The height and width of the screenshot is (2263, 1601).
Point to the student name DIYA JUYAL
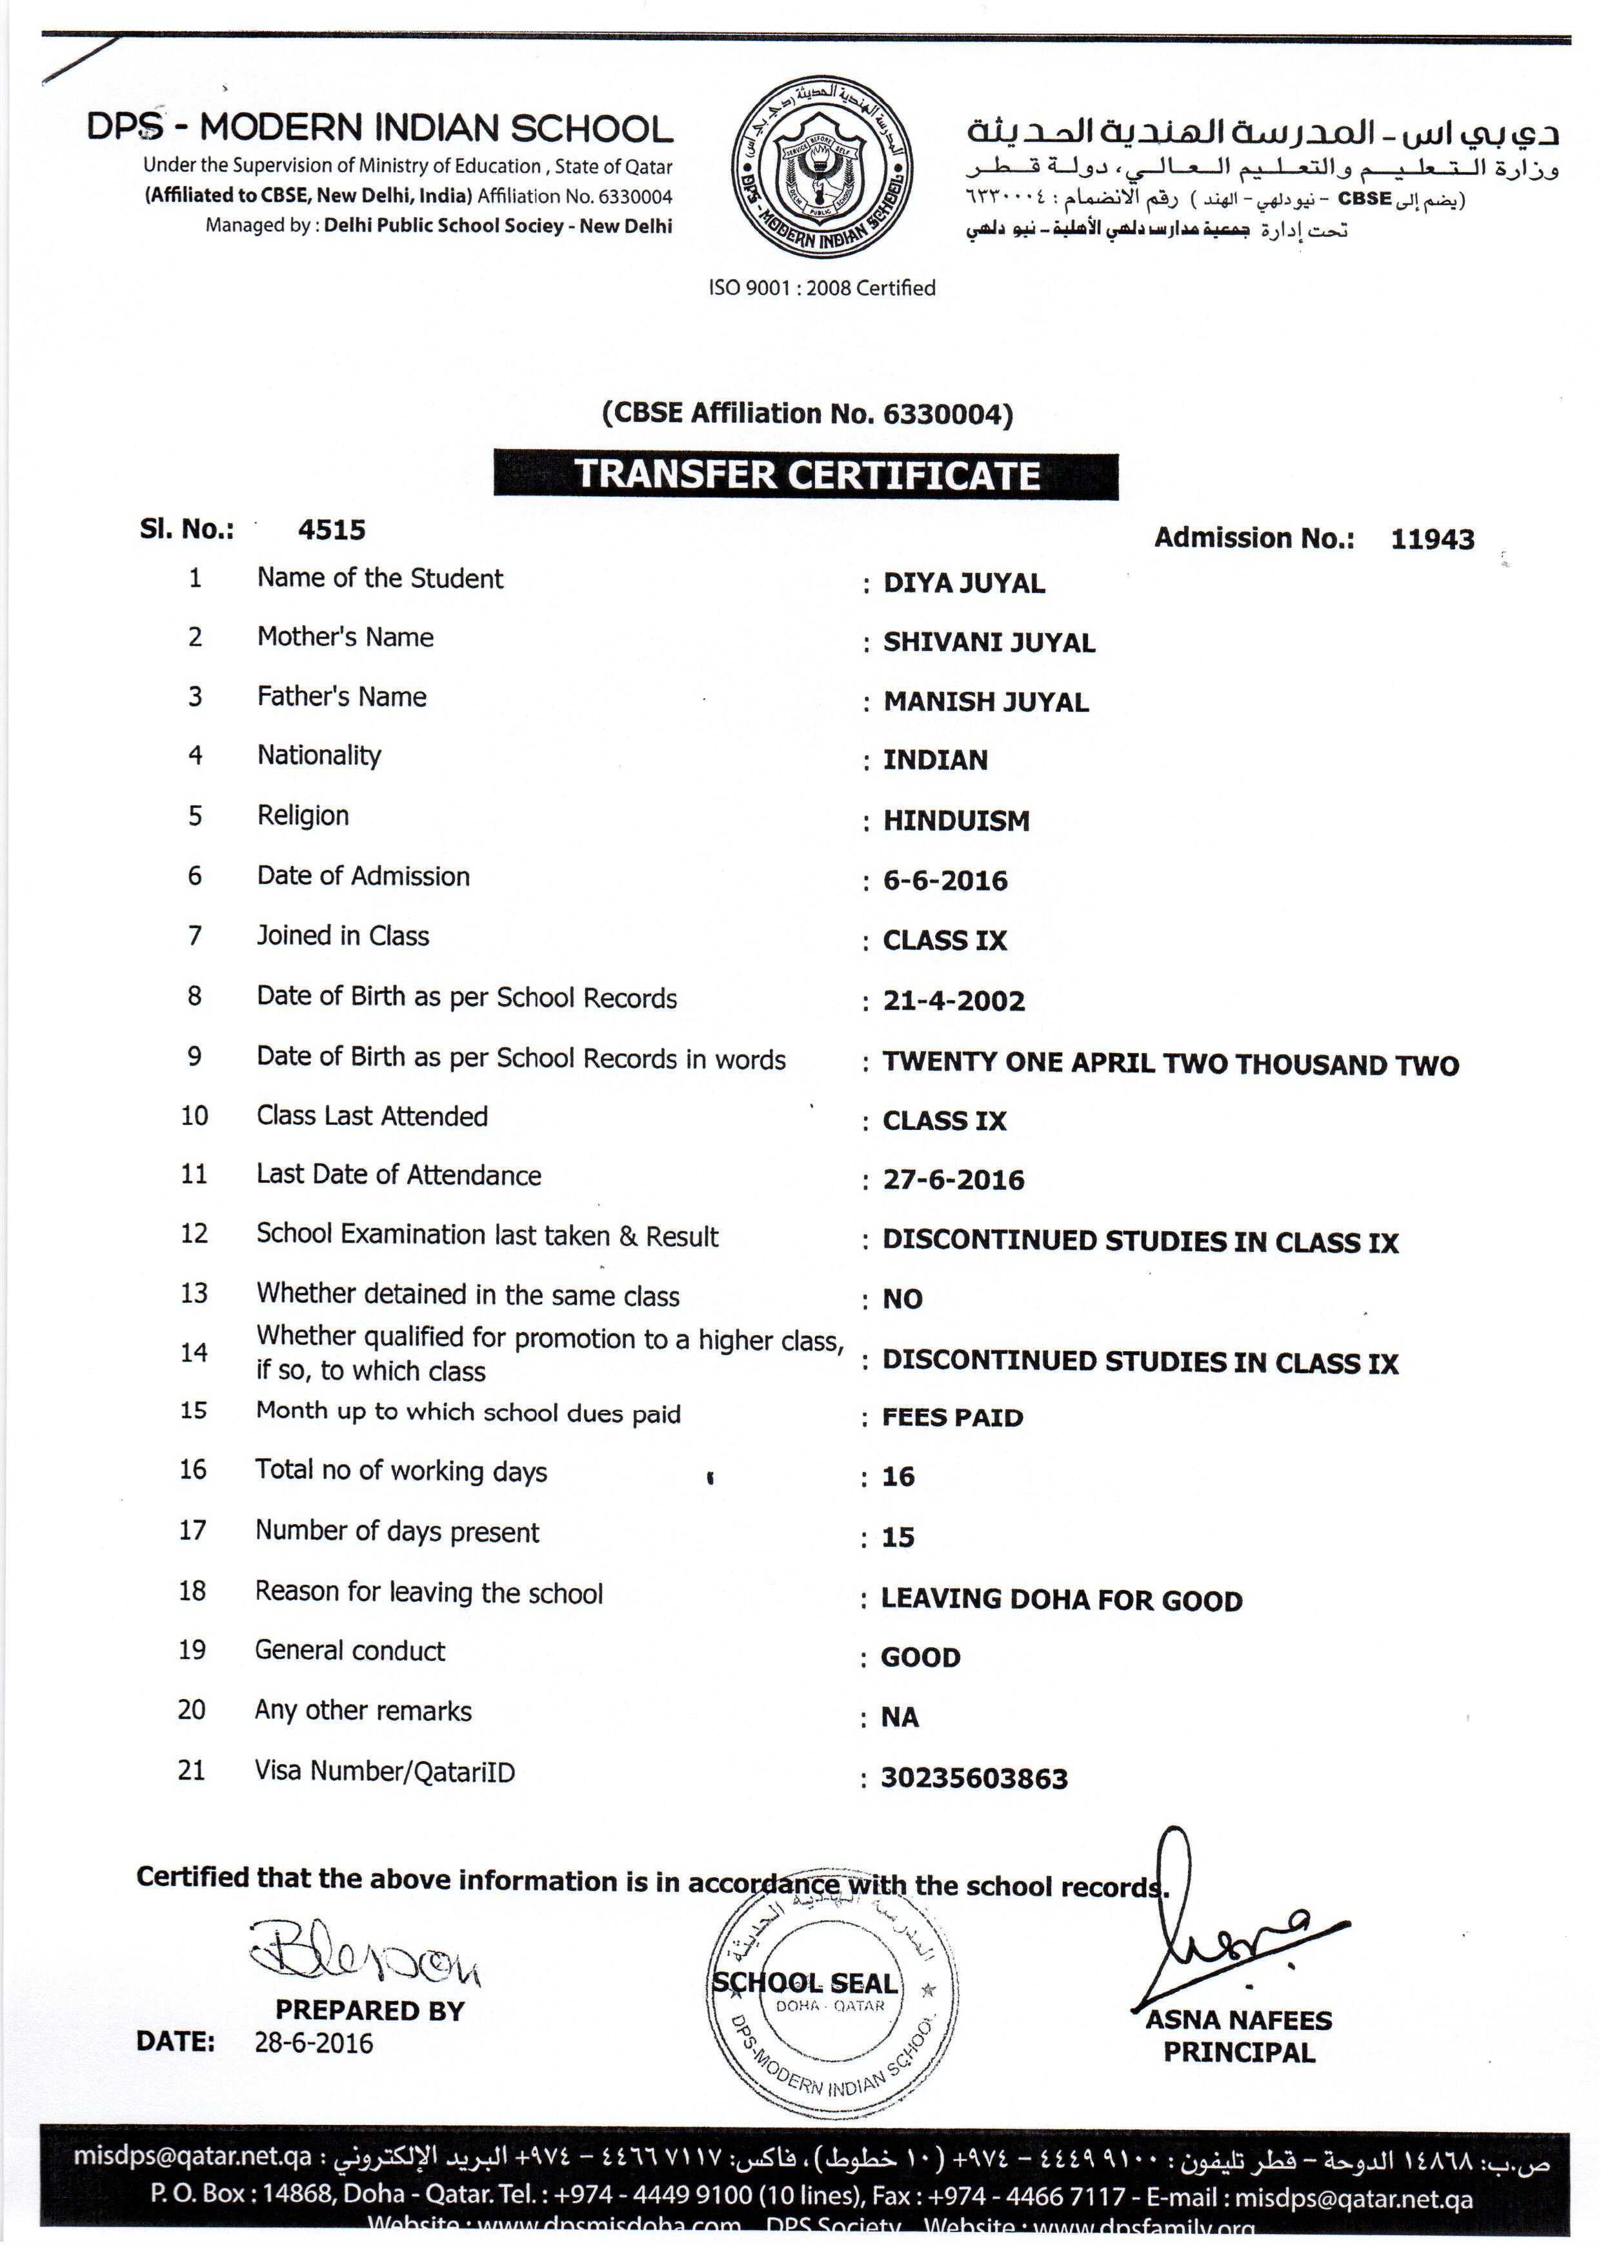(963, 583)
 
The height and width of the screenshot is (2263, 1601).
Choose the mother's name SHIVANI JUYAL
(988, 643)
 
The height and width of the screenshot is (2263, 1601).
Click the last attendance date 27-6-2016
(953, 1180)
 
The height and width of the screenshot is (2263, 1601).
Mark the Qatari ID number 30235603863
(974, 1778)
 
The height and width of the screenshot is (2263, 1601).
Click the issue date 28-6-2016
(314, 2042)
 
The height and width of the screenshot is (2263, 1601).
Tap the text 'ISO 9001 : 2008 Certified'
(821, 288)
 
